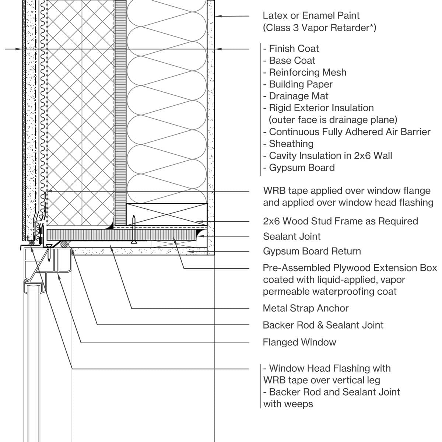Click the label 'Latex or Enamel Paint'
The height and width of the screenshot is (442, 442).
click(x=311, y=15)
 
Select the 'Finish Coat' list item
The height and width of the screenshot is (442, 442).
click(x=294, y=49)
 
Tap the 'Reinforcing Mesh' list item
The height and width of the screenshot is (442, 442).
click(x=308, y=72)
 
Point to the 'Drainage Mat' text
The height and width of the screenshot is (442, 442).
click(x=298, y=96)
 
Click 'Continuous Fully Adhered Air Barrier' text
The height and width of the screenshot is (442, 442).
click(x=350, y=132)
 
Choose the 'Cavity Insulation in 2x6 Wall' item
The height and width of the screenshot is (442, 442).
click(x=330, y=155)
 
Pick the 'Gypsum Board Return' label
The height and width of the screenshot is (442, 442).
click(x=312, y=251)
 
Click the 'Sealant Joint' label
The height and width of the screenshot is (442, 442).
click(x=292, y=236)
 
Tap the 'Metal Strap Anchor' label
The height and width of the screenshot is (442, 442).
click(x=305, y=308)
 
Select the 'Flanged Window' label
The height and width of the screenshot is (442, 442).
click(x=299, y=342)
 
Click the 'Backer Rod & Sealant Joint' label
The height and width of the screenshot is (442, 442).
click(x=323, y=325)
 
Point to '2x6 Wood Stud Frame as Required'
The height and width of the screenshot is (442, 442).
click(x=340, y=221)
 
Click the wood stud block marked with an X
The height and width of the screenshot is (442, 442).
click(x=166, y=214)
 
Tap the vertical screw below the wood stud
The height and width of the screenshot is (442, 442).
click(x=134, y=230)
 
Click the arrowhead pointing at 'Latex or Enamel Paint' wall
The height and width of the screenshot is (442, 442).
click(x=218, y=16)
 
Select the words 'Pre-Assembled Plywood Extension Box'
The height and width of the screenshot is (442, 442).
click(x=350, y=268)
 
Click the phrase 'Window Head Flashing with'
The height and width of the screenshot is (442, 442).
click(x=330, y=368)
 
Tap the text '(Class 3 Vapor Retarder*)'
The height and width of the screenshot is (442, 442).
click(x=319, y=28)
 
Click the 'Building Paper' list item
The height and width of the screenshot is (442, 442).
click(x=301, y=84)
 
